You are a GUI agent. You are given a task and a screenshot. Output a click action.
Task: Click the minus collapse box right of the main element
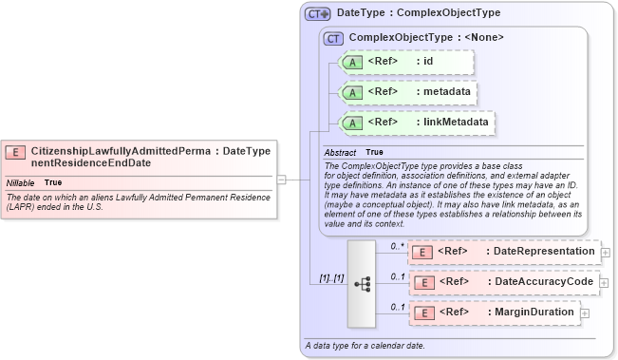click(281, 179)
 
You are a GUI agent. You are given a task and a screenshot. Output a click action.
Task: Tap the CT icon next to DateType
click(317, 14)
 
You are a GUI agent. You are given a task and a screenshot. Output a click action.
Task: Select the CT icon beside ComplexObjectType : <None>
click(333, 39)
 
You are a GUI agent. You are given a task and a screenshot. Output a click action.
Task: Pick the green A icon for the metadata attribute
click(352, 93)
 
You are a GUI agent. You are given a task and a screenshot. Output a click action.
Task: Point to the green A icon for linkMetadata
click(352, 123)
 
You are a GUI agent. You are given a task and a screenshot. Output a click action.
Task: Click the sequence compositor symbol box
click(362, 282)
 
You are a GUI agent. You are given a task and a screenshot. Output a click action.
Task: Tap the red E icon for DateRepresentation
click(424, 252)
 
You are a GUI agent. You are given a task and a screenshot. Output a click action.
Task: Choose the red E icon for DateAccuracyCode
click(424, 282)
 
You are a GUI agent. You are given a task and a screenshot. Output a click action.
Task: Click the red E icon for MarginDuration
click(424, 312)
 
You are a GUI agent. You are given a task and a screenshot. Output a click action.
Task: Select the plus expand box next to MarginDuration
click(584, 313)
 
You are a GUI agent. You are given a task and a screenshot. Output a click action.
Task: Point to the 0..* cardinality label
click(397, 246)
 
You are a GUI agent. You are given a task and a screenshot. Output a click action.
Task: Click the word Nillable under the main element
click(21, 182)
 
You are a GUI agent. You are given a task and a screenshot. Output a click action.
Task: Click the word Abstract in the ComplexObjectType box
click(340, 153)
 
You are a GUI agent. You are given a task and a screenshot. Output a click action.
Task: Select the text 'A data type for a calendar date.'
click(365, 347)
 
